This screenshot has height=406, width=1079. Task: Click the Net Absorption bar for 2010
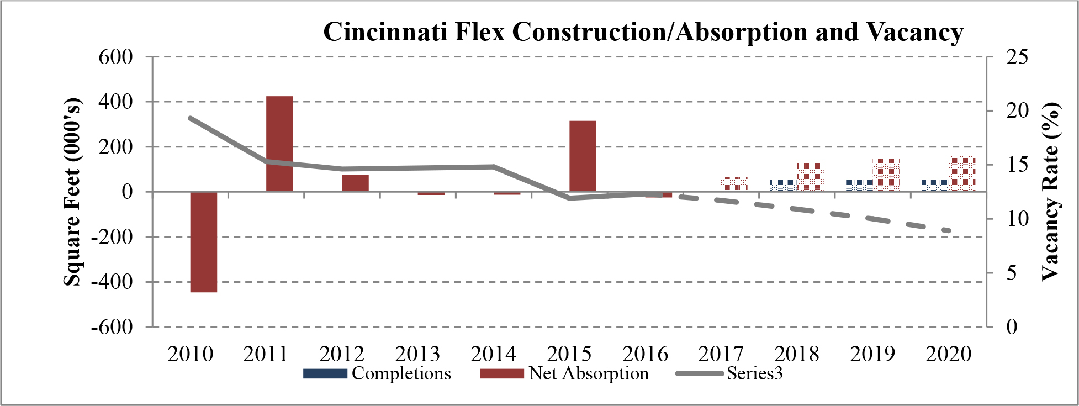pyautogui.click(x=204, y=242)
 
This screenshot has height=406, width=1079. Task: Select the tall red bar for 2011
pyautogui.click(x=279, y=144)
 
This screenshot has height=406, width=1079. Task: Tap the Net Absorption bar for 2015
pyautogui.click(x=583, y=156)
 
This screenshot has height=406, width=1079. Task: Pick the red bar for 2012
pyautogui.click(x=355, y=183)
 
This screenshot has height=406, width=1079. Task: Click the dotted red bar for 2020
pyautogui.click(x=962, y=174)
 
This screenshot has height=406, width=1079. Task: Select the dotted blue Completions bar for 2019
pyautogui.click(x=860, y=186)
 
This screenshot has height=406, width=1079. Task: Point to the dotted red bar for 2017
pyautogui.click(x=734, y=184)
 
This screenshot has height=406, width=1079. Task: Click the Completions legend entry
pyautogui.click(x=377, y=374)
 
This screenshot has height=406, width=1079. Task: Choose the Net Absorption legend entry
pyautogui.click(x=564, y=374)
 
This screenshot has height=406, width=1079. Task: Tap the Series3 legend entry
pyautogui.click(x=729, y=374)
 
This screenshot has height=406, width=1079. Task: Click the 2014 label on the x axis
pyautogui.click(x=493, y=354)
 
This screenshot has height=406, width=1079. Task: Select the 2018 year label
pyautogui.click(x=796, y=354)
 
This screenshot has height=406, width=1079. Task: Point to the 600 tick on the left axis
pyautogui.click(x=115, y=57)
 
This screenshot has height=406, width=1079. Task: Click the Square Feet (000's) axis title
pyautogui.click(x=72, y=192)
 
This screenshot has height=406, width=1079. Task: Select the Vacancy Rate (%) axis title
pyautogui.click(x=1050, y=192)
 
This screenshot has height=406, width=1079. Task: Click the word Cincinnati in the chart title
pyautogui.click(x=385, y=32)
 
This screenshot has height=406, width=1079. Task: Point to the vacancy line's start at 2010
pyautogui.click(x=190, y=118)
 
